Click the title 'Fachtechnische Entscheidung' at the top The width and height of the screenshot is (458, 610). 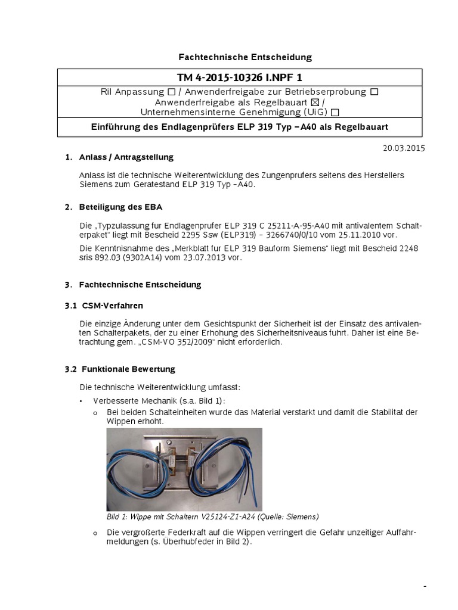[245, 57]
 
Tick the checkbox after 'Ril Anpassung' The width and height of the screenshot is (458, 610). [172, 92]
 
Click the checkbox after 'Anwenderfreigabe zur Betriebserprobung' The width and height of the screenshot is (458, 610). [374, 92]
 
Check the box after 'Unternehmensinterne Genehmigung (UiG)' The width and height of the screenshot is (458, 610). [335, 112]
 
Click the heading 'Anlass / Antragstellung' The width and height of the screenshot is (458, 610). [126, 157]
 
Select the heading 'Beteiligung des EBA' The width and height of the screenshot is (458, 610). [120, 207]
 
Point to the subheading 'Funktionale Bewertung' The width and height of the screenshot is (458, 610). [128, 369]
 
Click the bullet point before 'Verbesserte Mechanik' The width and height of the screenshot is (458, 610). [81, 400]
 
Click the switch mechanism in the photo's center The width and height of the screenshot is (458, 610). [181, 462]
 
